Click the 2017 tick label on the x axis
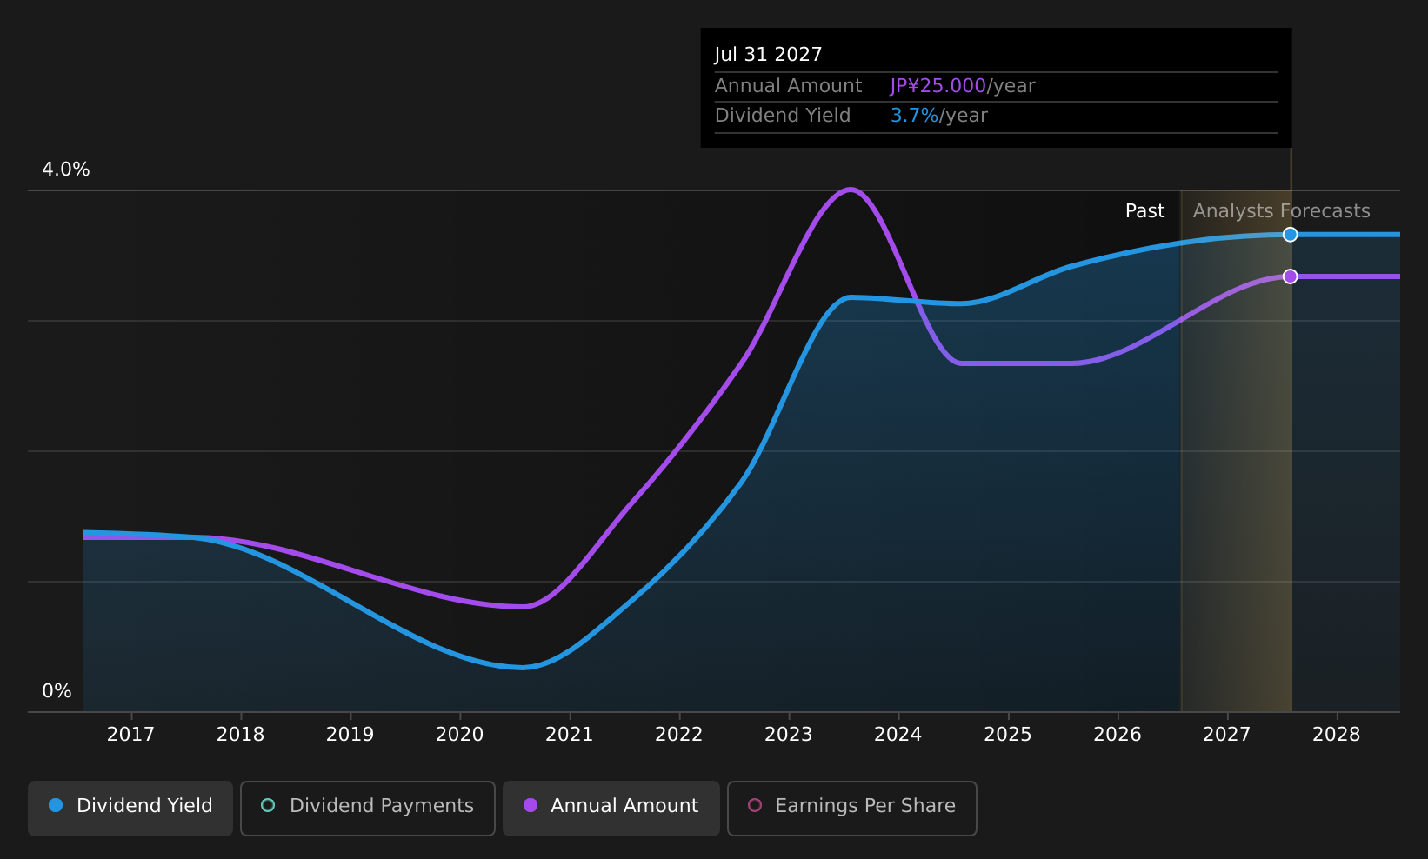[130, 735]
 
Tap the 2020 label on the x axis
[460, 735]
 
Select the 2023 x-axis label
[789, 735]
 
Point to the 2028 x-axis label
[1336, 735]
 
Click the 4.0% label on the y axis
[66, 170]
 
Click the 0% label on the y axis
[57, 691]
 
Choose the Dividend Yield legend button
[130, 808]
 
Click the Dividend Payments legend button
[368, 808]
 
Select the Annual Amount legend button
[611, 808]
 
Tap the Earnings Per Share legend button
[851, 808]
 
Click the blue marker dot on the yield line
[1291, 235]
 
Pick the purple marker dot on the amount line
[1291, 276]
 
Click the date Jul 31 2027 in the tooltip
[768, 55]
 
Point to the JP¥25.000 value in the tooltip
[938, 86]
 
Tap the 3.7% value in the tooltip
[914, 116]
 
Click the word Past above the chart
[1144, 211]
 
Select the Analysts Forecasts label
[1281, 211]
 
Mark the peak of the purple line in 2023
[851, 190]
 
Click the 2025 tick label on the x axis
[1008, 735]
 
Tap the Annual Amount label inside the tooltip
[788, 86]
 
